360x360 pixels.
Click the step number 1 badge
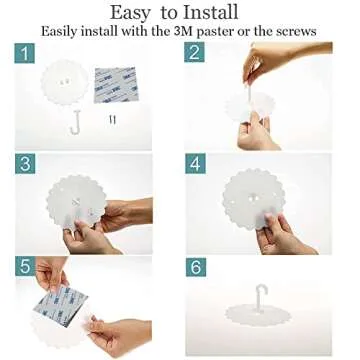pos(25,53)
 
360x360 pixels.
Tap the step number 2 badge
pos(194,52)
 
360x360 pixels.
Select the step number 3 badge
pos(25,164)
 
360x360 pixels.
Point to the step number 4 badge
pos(196,164)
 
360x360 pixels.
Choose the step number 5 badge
pos(25,267)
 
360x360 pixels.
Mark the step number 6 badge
pos(196,267)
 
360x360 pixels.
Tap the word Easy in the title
pos(130,14)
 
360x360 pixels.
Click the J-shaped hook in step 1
pos(75,122)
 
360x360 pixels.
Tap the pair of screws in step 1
pos(113,120)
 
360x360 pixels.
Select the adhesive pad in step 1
pos(116,85)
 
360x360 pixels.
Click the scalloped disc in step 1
pos(65,83)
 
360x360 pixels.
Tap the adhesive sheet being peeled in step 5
pos(60,304)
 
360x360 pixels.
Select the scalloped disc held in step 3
pos(76,202)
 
